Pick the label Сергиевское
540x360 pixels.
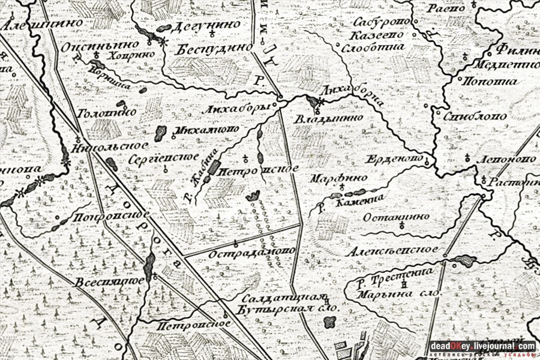pyautogui.click(x=164, y=157)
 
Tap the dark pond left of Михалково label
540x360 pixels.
pyautogui.click(x=160, y=133)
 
